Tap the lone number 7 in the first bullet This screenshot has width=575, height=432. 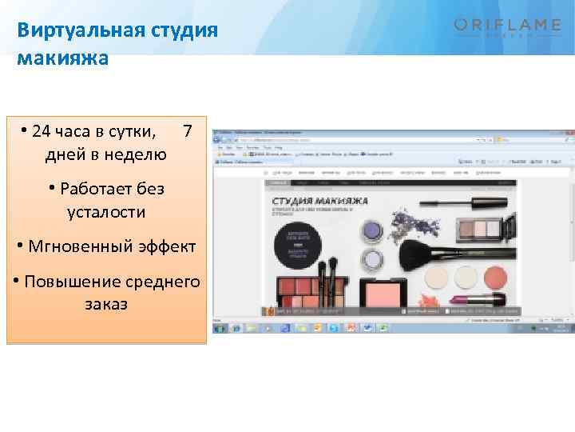coord(187,130)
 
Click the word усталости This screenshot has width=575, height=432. coord(107,212)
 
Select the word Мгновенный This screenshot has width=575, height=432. coord(81,246)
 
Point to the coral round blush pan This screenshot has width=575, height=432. coord(494,277)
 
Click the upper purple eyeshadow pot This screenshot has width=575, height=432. coord(371,231)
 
